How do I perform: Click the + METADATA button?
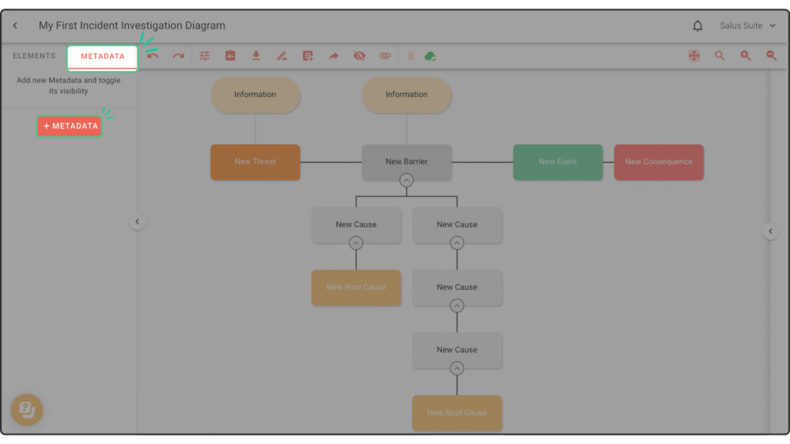pos(69,126)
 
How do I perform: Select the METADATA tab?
pos(103,56)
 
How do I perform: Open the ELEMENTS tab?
pos(34,56)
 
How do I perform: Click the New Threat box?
pos(255,162)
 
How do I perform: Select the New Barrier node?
pos(407,161)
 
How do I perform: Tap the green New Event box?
pos(557,162)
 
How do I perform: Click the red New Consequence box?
pos(658,162)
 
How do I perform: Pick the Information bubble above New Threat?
pos(255,95)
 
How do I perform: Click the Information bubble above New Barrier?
pos(407,95)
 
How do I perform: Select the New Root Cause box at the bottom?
pos(457,412)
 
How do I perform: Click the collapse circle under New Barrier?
pos(407,180)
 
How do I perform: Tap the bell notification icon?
pos(697,26)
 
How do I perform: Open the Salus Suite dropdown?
pos(747,26)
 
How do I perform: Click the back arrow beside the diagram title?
pos(15,26)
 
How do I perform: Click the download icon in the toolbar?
pos(256,56)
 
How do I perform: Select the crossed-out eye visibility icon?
pos(359,56)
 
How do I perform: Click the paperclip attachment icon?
pos(385,56)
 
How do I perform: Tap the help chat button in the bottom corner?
pos(26,409)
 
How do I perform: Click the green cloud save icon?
pos(430,56)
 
